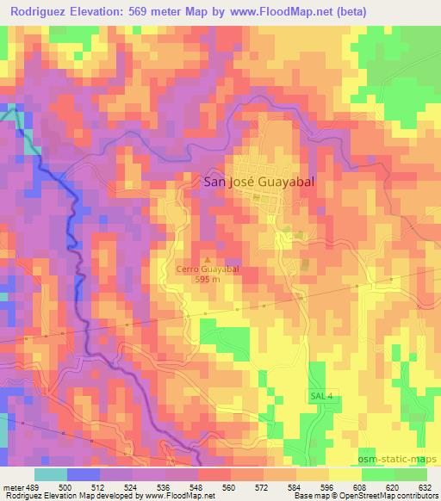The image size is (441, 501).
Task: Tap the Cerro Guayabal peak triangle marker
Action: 206,258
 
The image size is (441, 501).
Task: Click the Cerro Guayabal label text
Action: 207,269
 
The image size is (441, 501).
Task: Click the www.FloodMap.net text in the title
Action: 285,12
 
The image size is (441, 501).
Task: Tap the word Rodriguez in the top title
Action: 40,12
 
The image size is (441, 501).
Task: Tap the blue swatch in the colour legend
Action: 83,474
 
